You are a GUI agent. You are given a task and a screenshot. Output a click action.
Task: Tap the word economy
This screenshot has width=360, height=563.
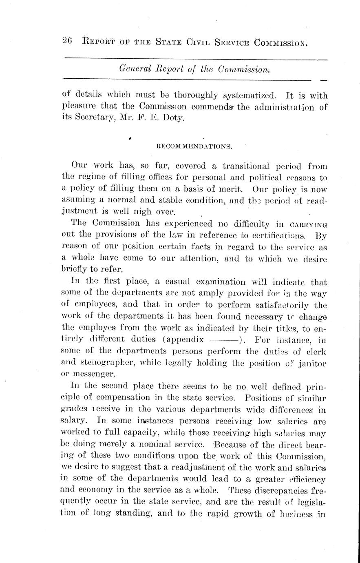click(x=95, y=490)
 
